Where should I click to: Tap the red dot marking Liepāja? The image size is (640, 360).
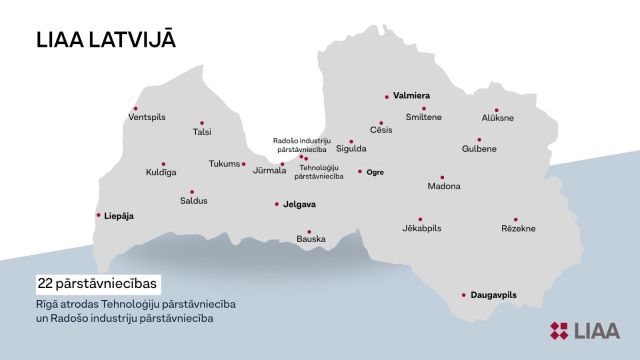(x=98, y=215)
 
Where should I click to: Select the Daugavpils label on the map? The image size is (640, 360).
(x=492, y=295)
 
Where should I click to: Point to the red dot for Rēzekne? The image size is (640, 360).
(x=515, y=219)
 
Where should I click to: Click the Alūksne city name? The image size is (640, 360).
(x=497, y=118)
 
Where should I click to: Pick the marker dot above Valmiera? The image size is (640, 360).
(x=387, y=96)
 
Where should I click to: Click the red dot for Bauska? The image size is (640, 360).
(x=309, y=231)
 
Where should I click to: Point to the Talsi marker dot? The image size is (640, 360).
(x=201, y=123)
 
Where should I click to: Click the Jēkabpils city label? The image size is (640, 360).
(x=421, y=229)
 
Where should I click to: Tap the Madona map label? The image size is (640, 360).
(x=443, y=187)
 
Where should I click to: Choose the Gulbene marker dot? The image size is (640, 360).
(x=479, y=140)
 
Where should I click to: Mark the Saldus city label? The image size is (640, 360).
(x=194, y=201)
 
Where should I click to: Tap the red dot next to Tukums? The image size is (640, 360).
(x=244, y=164)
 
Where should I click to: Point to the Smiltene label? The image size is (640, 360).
(x=423, y=117)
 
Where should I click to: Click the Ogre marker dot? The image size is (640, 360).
(x=360, y=171)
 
